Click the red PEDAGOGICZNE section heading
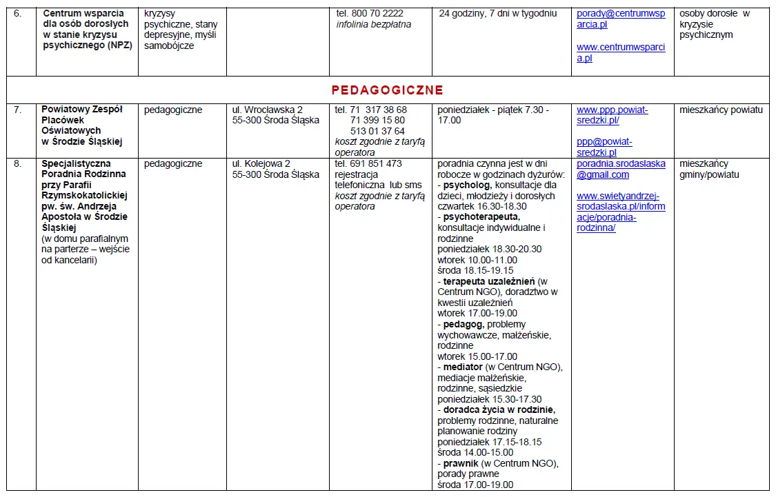(387, 90)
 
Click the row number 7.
(18, 110)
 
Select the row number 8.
(18, 164)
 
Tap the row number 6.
(18, 14)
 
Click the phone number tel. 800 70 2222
(370, 14)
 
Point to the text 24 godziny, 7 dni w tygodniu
(497, 14)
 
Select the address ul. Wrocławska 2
(268, 110)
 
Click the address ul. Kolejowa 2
(261, 164)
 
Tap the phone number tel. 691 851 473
(368, 164)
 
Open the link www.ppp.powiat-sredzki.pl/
(613, 114)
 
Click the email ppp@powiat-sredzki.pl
(604, 147)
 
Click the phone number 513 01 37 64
(377, 131)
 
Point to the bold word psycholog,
(467, 185)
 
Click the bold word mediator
(463, 367)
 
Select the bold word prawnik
(461, 464)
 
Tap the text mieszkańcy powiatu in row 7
(721, 110)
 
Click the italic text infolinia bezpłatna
(373, 25)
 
